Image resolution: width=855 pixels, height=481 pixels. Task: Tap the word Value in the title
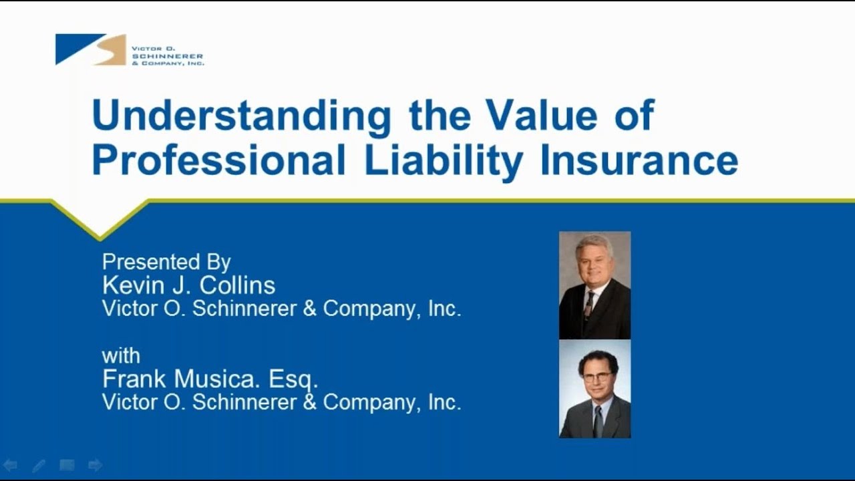pyautogui.click(x=541, y=115)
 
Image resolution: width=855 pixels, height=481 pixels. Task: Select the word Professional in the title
pyautogui.click(x=219, y=160)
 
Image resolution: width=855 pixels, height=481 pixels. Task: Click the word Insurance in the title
pyautogui.click(x=639, y=160)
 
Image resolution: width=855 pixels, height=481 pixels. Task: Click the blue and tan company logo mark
pyautogui.click(x=90, y=49)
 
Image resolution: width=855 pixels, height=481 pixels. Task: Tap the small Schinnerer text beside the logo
pyautogui.click(x=168, y=56)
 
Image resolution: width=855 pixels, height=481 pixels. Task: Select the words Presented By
pyautogui.click(x=166, y=261)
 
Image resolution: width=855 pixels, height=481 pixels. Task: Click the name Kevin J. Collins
pyautogui.click(x=188, y=285)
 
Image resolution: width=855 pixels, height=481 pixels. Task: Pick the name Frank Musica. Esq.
pyautogui.click(x=210, y=379)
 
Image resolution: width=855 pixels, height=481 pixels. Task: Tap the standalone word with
pyautogui.click(x=121, y=355)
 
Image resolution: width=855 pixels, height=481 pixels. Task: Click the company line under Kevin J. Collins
pyautogui.click(x=281, y=309)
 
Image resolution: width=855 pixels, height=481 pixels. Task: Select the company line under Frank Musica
pyautogui.click(x=281, y=402)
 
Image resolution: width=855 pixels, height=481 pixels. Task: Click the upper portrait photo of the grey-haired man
pyautogui.click(x=594, y=285)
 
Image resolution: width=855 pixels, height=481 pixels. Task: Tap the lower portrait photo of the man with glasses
pyautogui.click(x=594, y=389)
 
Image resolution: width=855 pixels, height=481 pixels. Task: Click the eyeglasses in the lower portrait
pyautogui.click(x=596, y=377)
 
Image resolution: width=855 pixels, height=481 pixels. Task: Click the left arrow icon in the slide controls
pyautogui.click(x=10, y=465)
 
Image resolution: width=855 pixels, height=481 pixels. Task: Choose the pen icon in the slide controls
pyautogui.click(x=39, y=465)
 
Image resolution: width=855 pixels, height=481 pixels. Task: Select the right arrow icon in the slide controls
pyautogui.click(x=95, y=465)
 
